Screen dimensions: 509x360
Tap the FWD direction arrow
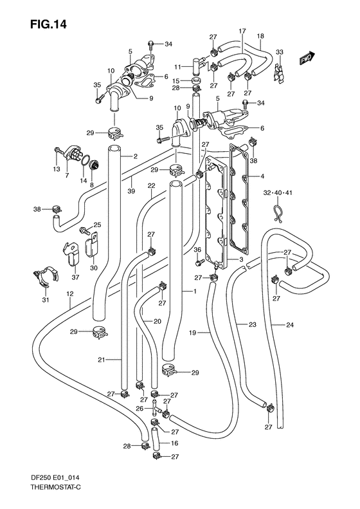(306, 59)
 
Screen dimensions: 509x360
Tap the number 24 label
(291, 325)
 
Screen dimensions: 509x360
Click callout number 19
(192, 333)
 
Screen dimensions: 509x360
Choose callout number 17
(242, 31)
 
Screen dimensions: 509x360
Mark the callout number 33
(280, 52)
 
